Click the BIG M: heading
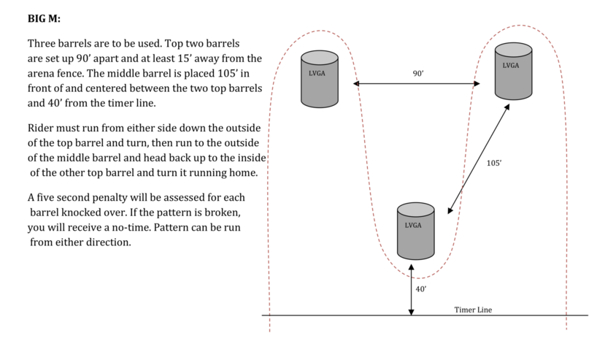click(44, 18)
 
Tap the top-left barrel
click(320, 80)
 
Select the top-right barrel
click(514, 71)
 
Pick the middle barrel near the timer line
click(416, 231)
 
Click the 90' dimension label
click(418, 74)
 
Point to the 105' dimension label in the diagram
click(494, 163)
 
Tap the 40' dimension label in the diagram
click(421, 289)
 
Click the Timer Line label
click(473, 310)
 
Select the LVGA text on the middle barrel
click(413, 225)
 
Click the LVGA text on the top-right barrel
click(511, 66)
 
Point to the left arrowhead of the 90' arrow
click(356, 83)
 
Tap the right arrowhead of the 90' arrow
click(477, 83)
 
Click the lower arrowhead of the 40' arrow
click(412, 312)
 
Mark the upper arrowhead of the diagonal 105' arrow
click(507, 107)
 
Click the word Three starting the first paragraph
click(39, 44)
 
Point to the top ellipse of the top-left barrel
click(320, 58)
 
